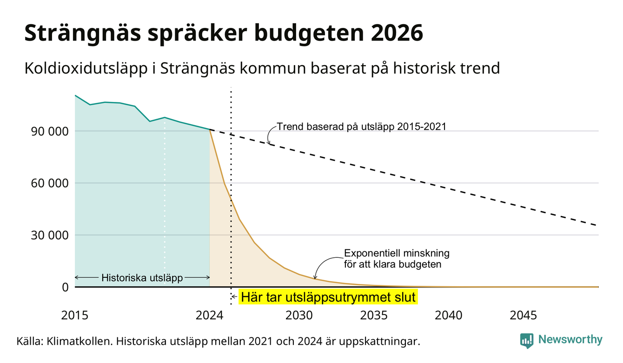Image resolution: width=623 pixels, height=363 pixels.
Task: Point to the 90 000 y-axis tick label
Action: (50, 131)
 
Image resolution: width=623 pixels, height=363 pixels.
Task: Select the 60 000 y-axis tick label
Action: (50, 183)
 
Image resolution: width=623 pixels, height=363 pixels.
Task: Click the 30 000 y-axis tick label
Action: (50, 235)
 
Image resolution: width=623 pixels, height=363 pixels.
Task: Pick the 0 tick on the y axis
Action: (65, 287)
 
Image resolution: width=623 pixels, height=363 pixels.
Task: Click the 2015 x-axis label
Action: (75, 316)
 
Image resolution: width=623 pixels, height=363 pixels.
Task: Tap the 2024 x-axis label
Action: (209, 316)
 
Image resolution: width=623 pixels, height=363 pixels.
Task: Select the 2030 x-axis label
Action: (299, 316)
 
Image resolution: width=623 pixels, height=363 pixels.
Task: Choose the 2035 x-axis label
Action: (374, 316)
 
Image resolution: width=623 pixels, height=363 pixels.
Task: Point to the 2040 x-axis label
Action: (449, 316)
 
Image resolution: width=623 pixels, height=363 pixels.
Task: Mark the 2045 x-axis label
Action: (524, 316)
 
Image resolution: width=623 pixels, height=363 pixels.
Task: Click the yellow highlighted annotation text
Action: (328, 297)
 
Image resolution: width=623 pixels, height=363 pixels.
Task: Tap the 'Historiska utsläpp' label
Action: (142, 278)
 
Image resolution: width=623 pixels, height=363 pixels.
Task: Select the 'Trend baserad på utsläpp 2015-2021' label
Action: (362, 127)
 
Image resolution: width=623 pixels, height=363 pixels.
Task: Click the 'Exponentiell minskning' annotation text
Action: (397, 253)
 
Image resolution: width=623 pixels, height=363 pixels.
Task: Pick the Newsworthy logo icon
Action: (527, 341)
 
